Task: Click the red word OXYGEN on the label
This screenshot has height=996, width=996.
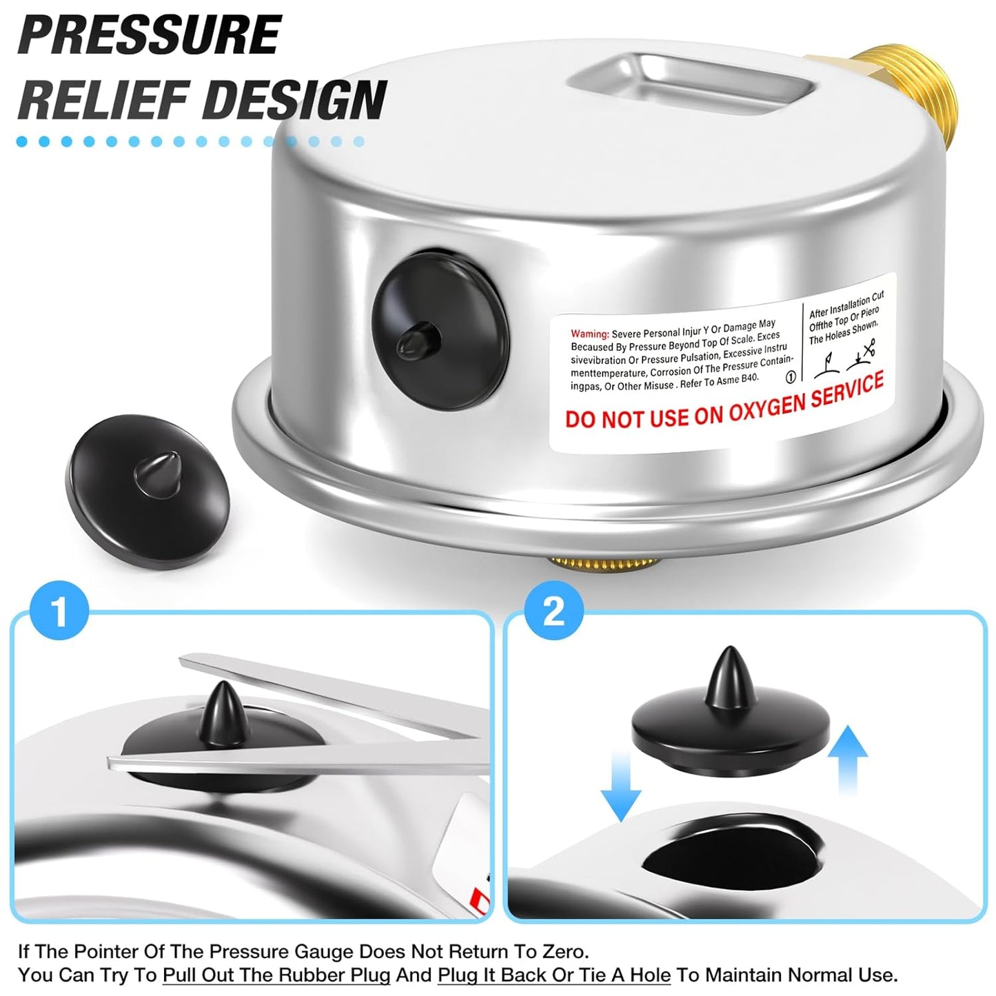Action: (x=747, y=406)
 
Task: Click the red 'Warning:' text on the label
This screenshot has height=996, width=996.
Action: (x=589, y=334)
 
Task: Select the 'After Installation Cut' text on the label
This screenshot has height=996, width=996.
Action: (x=846, y=304)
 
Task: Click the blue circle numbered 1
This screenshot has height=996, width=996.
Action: (x=60, y=611)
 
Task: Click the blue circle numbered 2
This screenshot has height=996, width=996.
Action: (x=553, y=610)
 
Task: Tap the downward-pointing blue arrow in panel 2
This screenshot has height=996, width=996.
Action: (x=620, y=786)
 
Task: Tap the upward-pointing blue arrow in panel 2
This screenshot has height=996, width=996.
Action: (x=847, y=761)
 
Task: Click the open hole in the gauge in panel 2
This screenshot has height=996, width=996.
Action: (x=731, y=855)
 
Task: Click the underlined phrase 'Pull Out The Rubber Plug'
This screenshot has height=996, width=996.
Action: (x=276, y=975)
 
